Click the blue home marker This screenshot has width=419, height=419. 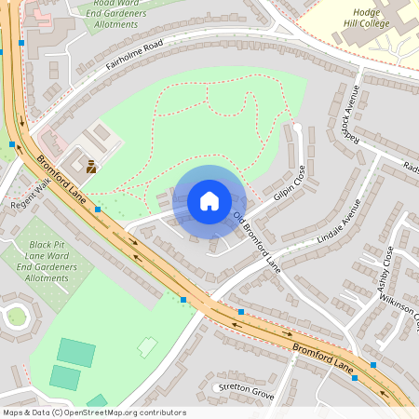(x=209, y=200)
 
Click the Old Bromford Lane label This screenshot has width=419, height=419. (x=257, y=240)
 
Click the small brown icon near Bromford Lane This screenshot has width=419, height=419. (x=91, y=168)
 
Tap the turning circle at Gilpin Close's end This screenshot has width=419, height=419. (x=297, y=127)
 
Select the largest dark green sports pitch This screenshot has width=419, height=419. (x=75, y=353)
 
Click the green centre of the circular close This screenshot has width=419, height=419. (x=17, y=317)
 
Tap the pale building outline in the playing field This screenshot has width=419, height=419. (x=148, y=347)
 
